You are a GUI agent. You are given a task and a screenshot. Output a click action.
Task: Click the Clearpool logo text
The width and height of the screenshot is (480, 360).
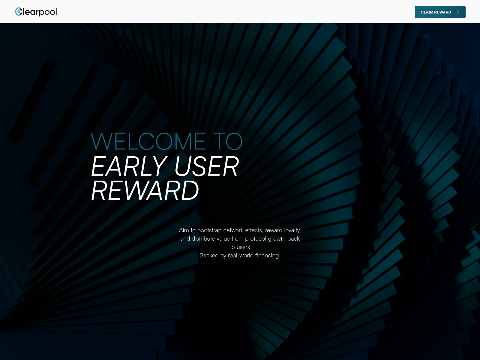click(x=38, y=12)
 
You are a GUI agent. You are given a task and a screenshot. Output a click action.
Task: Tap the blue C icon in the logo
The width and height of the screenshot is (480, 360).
click(x=18, y=12)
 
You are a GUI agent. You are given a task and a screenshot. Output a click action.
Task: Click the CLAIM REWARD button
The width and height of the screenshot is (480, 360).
click(x=440, y=12)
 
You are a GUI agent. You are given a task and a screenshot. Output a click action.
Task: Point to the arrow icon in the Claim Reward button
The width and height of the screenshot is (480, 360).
click(x=457, y=12)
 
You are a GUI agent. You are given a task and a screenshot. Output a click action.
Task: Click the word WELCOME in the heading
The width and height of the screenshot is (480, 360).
click(x=148, y=142)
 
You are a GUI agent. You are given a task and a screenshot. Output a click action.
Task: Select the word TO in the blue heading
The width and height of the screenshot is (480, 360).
click(x=228, y=142)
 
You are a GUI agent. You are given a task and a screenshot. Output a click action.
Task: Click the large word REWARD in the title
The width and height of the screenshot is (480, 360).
click(x=145, y=191)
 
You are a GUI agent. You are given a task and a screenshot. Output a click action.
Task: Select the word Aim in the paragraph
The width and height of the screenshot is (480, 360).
click(x=184, y=230)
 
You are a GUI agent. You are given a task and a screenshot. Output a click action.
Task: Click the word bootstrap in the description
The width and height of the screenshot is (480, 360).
click(x=209, y=230)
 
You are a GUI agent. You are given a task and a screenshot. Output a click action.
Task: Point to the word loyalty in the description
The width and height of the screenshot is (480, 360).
click(x=292, y=230)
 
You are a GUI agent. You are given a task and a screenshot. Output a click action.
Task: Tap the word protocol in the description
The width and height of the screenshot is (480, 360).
click(x=255, y=239)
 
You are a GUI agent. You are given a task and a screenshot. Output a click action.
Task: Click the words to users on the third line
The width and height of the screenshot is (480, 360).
click(x=240, y=247)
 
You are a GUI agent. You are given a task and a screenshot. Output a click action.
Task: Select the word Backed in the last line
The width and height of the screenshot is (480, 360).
click(x=209, y=255)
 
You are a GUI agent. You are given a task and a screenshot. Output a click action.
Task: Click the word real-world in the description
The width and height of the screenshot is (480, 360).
click(x=241, y=255)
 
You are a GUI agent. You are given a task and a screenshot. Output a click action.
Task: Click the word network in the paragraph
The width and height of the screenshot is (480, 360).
click(x=233, y=230)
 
